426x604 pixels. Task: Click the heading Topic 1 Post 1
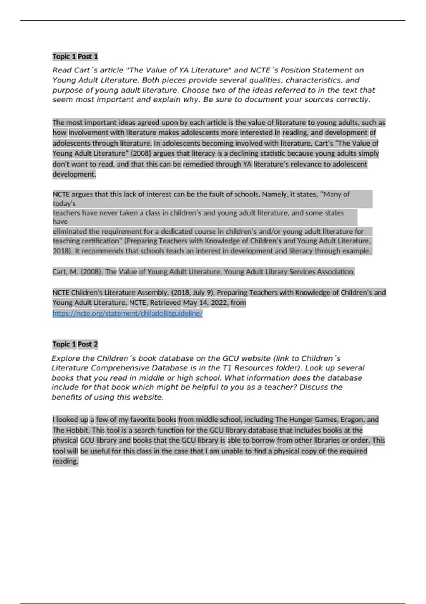(x=75, y=56)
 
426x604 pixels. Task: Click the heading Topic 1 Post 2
(x=75, y=344)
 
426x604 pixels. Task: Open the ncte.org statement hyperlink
(x=127, y=313)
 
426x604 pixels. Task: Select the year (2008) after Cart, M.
(x=92, y=272)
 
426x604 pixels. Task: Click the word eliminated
(x=70, y=232)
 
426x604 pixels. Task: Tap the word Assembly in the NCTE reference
(x=153, y=293)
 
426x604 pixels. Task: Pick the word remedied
(x=199, y=164)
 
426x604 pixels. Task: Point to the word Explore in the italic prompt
(x=65, y=358)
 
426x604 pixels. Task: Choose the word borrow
(x=263, y=441)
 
